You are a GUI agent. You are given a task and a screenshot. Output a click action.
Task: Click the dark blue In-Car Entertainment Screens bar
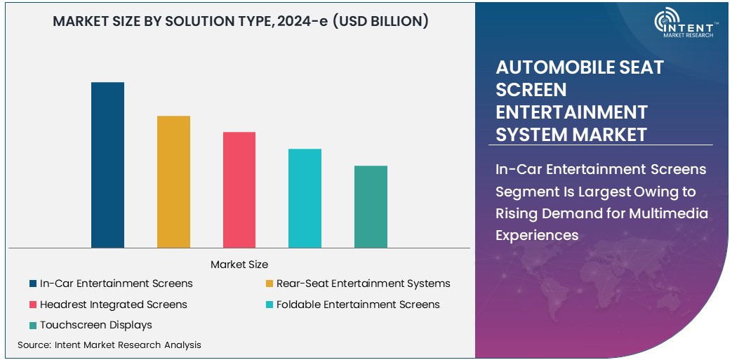point(107,165)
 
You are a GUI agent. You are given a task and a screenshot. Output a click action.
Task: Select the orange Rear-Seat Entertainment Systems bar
point(173,182)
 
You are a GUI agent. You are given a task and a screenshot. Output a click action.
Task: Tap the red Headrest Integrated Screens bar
point(239,189)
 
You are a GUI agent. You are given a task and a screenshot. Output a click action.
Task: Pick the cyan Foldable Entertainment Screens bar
point(305,198)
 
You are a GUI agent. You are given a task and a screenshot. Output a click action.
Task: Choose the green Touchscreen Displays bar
point(371,206)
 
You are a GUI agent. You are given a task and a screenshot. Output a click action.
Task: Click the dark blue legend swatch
point(33,284)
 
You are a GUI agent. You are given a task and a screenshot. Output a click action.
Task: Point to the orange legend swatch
point(269,284)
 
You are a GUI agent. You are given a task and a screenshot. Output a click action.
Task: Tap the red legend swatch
point(33,305)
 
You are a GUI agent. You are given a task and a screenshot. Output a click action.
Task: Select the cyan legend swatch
point(269,305)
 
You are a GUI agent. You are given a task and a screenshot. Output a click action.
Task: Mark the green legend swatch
point(33,325)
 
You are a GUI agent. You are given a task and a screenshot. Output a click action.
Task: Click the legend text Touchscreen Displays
point(96,325)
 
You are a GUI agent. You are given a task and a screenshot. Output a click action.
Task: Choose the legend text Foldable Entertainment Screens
point(358,305)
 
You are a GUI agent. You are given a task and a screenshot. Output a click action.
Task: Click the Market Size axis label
point(239,265)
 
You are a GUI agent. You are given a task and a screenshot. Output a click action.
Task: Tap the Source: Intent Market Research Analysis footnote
point(109,345)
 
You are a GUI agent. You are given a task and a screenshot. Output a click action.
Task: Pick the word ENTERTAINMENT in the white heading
point(571,112)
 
